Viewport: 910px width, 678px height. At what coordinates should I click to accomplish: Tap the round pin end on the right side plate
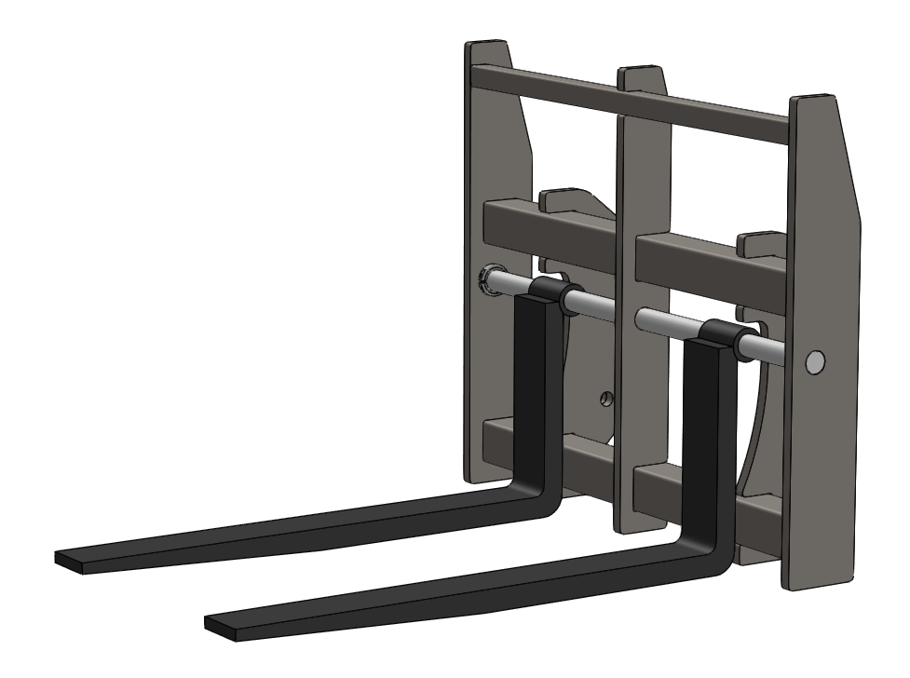pos(815,361)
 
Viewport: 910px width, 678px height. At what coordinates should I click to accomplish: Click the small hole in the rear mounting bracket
pos(606,399)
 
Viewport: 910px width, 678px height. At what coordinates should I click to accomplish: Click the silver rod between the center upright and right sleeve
pos(669,322)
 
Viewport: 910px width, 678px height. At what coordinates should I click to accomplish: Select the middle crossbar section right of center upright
pos(708,256)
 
